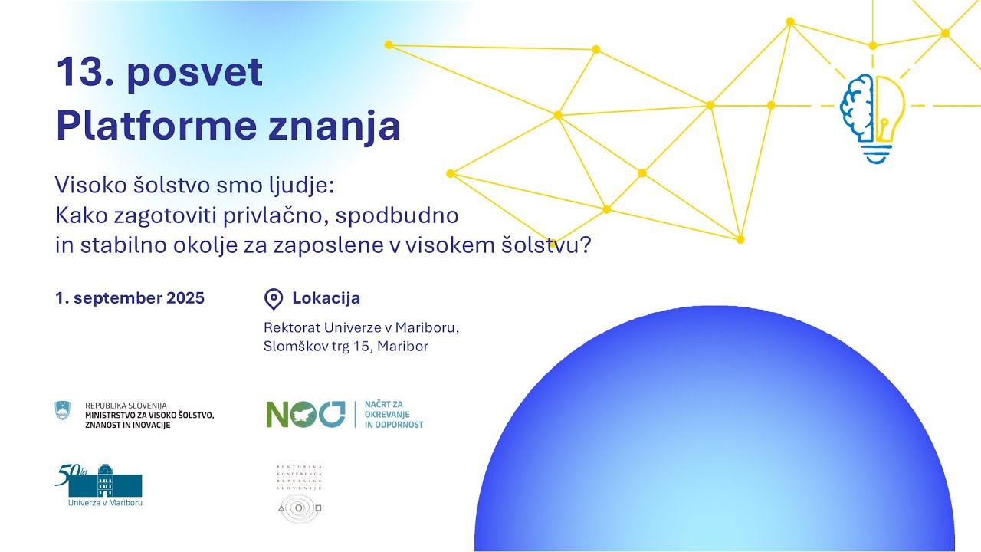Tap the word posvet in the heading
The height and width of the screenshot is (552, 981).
[195, 73]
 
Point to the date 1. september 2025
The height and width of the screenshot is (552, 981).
[130, 298]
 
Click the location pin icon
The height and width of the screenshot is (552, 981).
[273, 299]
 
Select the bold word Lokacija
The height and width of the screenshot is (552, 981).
[326, 298]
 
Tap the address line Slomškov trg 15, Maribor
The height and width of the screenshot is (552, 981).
[346, 347]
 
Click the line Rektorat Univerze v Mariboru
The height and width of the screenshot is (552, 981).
[361, 327]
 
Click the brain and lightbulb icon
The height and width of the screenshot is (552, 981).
[872, 117]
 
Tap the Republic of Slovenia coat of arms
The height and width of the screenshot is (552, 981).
[62, 410]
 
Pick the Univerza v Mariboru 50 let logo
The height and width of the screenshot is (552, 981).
[99, 485]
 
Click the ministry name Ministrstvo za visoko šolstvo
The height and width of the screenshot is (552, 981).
[149, 415]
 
